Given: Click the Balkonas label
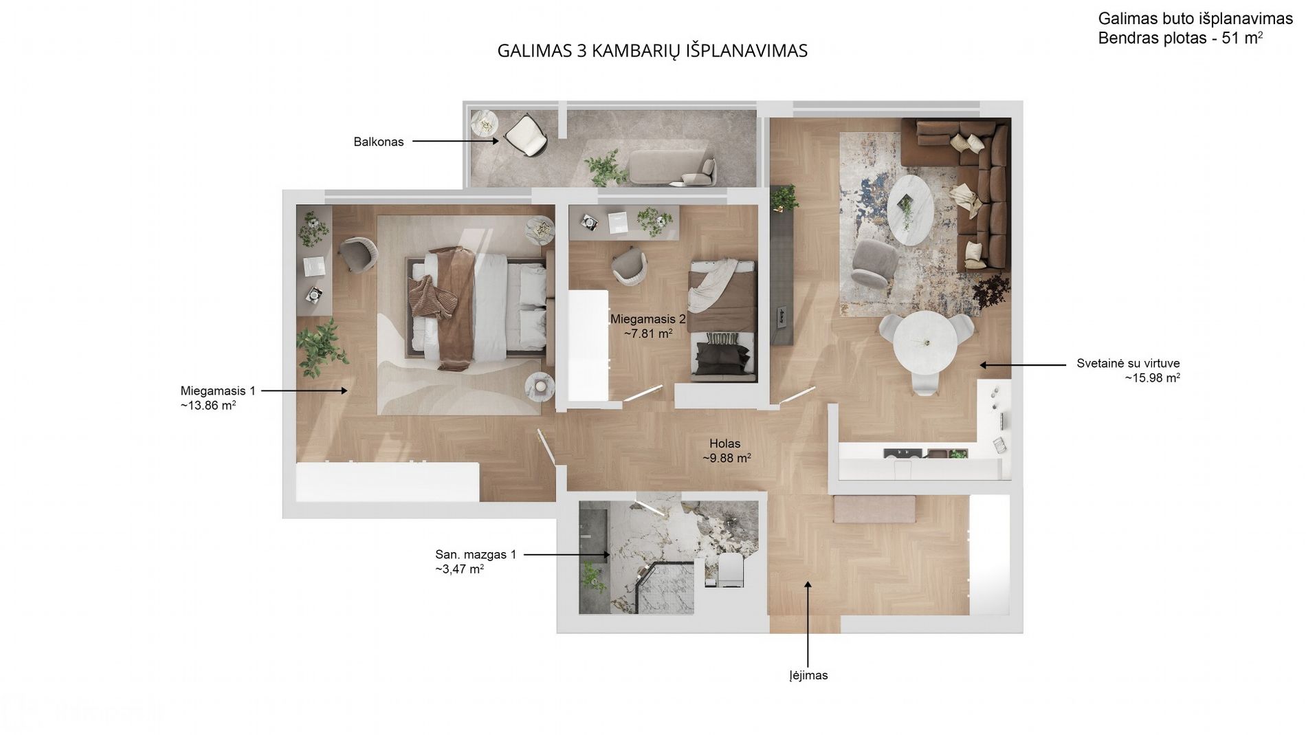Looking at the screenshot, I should tap(378, 142).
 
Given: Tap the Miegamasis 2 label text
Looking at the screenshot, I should tap(648, 319).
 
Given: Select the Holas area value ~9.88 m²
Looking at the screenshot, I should tap(726, 459).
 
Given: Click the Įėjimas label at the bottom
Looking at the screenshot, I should tap(808, 675).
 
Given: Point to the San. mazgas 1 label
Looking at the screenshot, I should tap(475, 554).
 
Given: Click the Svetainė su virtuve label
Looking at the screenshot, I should tap(1127, 364).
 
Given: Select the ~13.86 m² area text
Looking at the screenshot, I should tap(208, 406).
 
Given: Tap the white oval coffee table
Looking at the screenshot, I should tap(910, 209).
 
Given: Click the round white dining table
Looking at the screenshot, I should tap(925, 342).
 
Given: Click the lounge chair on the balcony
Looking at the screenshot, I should tap(527, 135).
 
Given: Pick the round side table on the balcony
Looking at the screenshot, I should tap(484, 124).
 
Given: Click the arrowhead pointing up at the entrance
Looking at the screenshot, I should tap(808, 586).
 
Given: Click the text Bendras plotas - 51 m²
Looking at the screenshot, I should tap(1180, 39).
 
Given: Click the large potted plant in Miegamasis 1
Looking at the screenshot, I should tap(322, 345).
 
